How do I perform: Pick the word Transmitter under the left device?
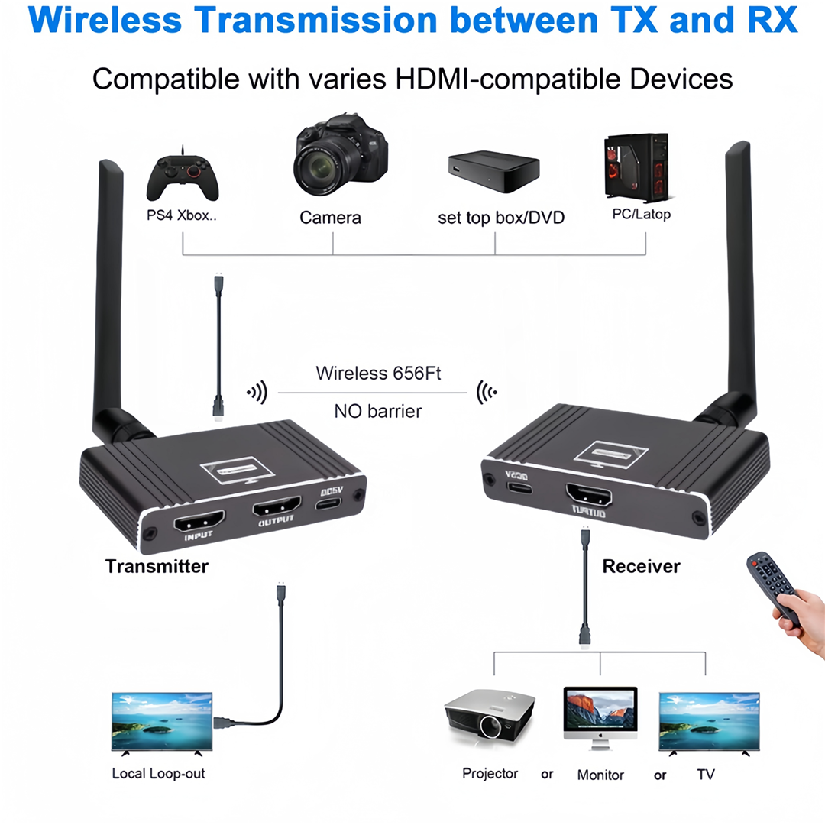(x=157, y=566)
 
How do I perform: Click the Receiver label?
(x=641, y=566)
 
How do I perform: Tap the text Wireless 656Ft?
(x=379, y=374)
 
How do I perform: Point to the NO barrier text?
(x=377, y=411)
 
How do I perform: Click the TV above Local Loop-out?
(x=161, y=722)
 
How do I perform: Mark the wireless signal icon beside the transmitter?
(x=257, y=393)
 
